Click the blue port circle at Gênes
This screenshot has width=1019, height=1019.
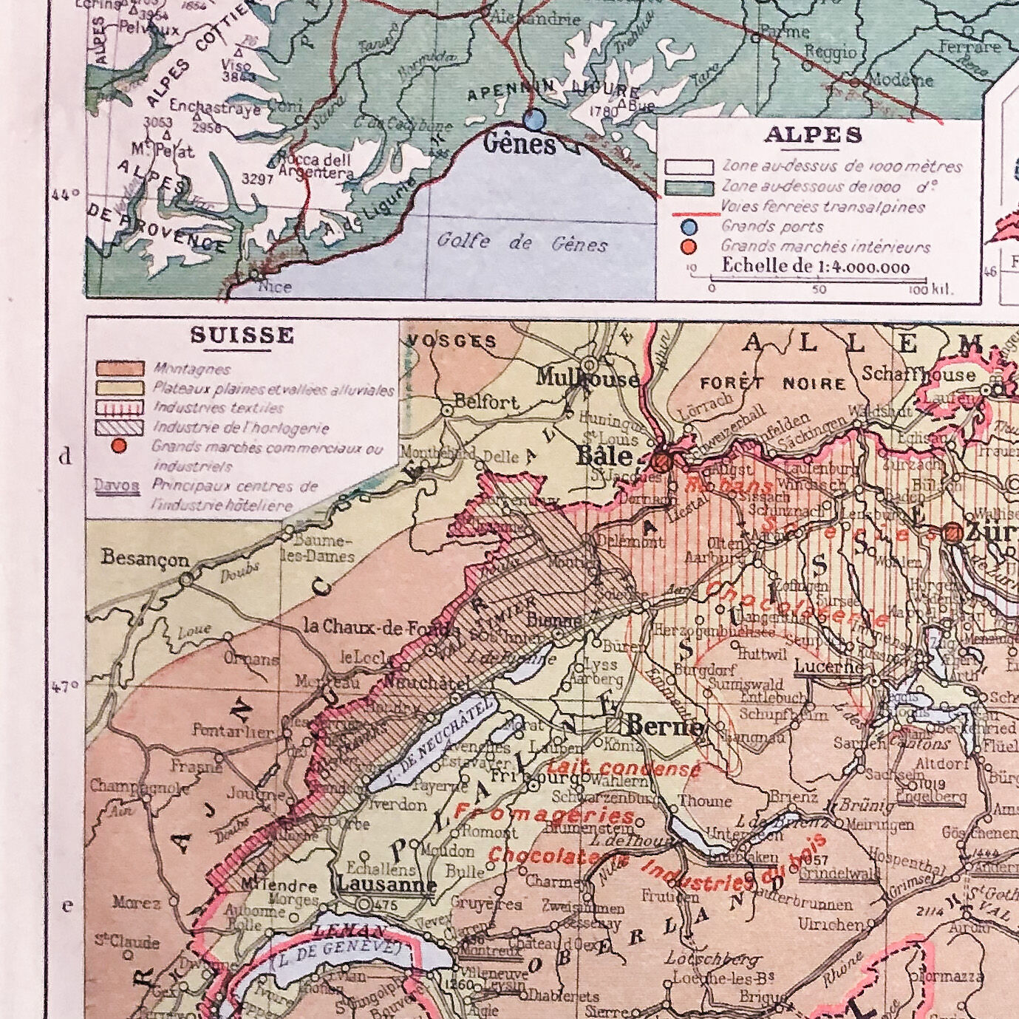[534, 118]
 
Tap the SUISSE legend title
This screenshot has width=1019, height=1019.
[242, 335]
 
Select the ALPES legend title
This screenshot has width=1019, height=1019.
[813, 135]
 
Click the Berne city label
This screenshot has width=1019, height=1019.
[664, 727]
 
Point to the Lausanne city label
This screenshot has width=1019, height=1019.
[386, 884]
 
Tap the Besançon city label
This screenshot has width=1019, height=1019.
[146, 559]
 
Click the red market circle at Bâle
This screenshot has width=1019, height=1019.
[661, 462]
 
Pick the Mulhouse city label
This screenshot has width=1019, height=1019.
[588, 378]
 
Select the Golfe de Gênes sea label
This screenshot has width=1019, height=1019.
[522, 242]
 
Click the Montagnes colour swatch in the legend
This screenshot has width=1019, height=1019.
[119, 368]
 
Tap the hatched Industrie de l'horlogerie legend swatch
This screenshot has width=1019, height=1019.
[119, 427]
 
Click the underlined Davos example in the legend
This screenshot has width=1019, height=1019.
[117, 486]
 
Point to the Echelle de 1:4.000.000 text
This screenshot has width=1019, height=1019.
[815, 267]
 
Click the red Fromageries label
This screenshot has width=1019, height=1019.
[544, 814]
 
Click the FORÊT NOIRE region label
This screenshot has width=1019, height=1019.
[772, 384]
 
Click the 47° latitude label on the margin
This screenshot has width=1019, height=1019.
[65, 686]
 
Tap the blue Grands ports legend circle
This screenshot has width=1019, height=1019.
[689, 227]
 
